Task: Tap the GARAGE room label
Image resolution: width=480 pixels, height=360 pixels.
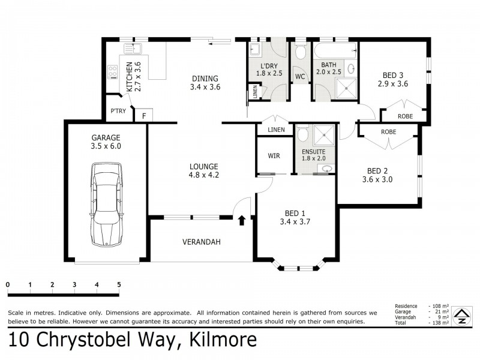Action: [106, 137]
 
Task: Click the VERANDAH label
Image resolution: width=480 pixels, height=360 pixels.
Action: [202, 242]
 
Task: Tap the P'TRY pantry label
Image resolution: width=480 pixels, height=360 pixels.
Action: [116, 112]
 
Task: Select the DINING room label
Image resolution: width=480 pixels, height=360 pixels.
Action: [205, 78]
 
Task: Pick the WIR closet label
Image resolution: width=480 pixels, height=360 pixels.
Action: [274, 155]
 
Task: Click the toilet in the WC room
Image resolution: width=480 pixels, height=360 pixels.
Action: [300, 52]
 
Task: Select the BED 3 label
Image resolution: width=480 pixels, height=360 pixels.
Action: [393, 75]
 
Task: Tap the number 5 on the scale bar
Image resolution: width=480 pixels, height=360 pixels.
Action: [119, 284]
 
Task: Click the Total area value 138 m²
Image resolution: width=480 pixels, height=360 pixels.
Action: [439, 323]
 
